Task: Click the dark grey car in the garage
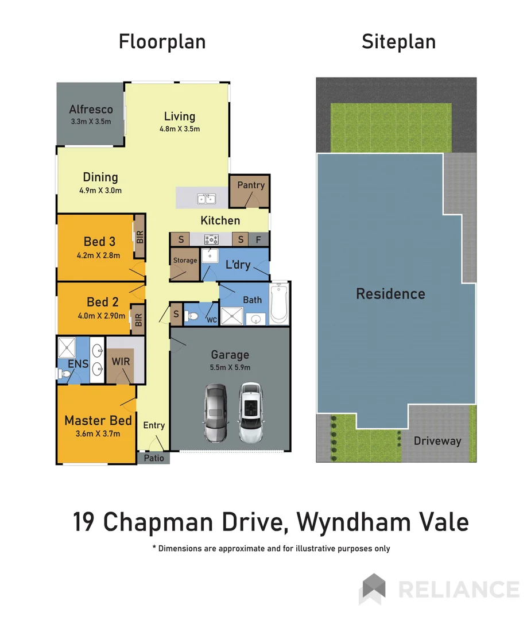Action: tap(215, 413)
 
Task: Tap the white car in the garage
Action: tap(250, 413)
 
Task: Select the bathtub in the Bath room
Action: tap(280, 303)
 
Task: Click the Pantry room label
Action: tap(251, 185)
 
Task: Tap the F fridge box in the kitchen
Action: tap(258, 239)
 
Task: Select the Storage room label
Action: tap(185, 261)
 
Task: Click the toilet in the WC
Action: tap(192, 316)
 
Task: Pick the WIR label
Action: tap(121, 362)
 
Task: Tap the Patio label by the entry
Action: tap(153, 458)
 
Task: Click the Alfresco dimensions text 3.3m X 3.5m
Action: tap(90, 121)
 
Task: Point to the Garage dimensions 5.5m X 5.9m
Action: tap(230, 367)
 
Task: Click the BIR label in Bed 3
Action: tap(139, 237)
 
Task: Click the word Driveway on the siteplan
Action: tap(437, 441)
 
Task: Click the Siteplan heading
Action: tap(398, 42)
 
